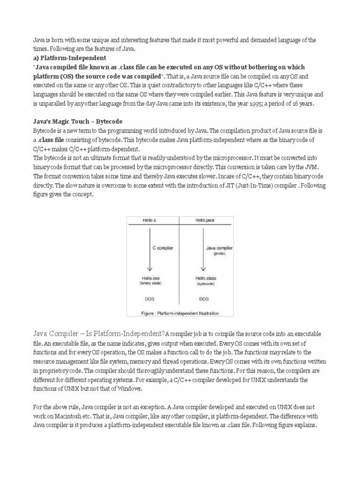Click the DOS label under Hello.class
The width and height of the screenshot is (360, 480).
[x=204, y=298]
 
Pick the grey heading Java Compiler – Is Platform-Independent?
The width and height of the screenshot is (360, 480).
[x=98, y=334]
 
